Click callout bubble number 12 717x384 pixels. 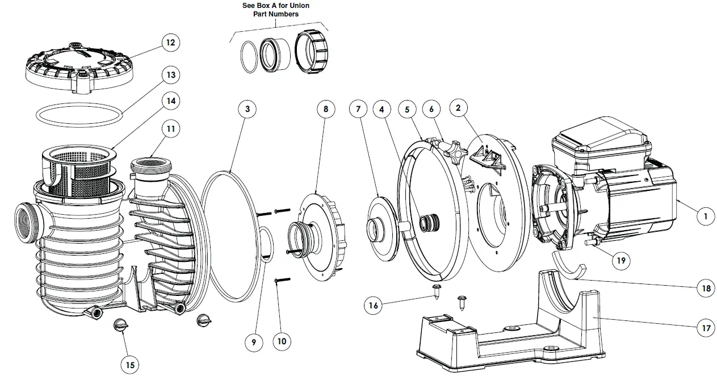point(169,43)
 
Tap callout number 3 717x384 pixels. point(248,110)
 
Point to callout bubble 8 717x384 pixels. point(326,110)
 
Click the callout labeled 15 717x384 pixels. point(129,365)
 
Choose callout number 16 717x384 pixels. point(373,305)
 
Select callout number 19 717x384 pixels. point(620,261)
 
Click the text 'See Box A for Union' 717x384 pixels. point(276,6)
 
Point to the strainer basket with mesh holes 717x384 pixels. point(78,168)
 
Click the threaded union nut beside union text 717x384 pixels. point(312,51)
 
